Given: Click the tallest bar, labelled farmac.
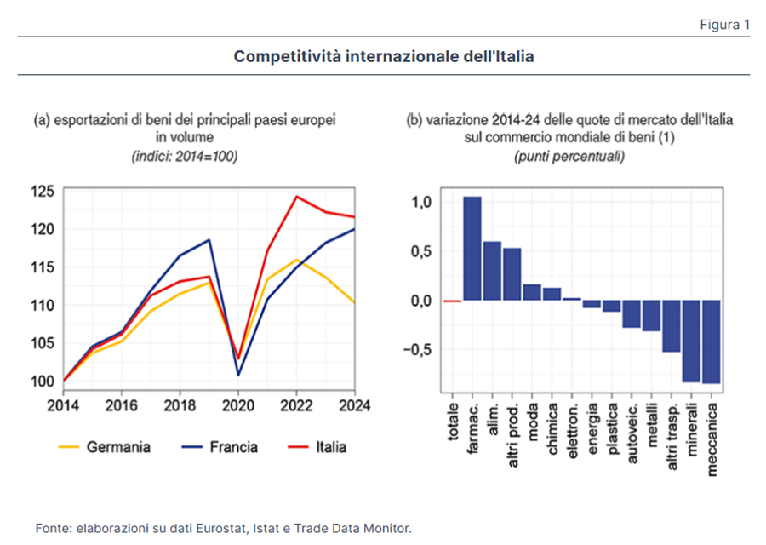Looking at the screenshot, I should [472, 249].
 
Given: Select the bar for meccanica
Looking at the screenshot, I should [711, 341].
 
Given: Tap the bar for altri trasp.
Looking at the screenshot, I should [672, 326].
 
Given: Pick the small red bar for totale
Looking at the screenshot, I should [452, 301].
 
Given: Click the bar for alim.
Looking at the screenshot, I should [492, 271].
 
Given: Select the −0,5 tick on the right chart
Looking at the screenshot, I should [418, 350].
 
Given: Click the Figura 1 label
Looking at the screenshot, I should [724, 24].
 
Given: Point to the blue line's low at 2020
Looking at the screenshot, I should [238, 374].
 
